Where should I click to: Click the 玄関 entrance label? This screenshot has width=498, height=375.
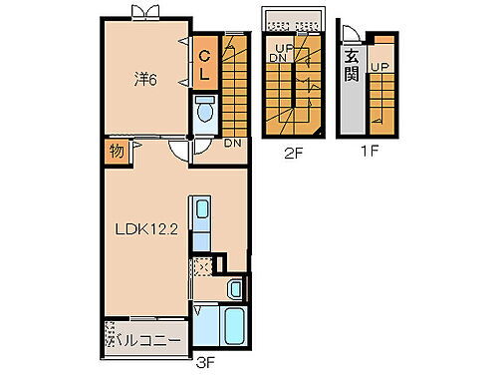click(x=352, y=64)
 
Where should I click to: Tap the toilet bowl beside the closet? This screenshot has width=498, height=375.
click(x=205, y=113)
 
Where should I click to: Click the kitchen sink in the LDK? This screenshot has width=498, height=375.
click(x=201, y=210)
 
